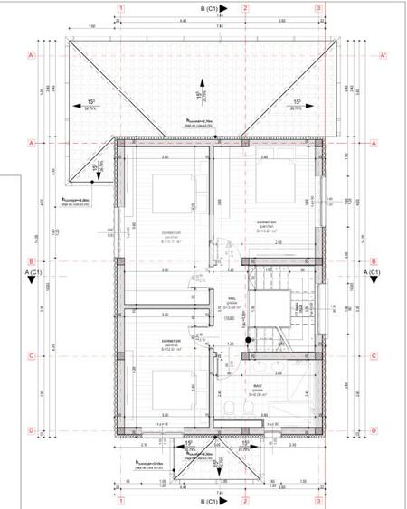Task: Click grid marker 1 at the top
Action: click(120, 8)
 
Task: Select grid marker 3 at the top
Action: click(318, 8)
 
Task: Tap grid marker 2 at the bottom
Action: click(245, 499)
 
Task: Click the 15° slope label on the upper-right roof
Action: click(296, 102)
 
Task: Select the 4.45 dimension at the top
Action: click(183, 21)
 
